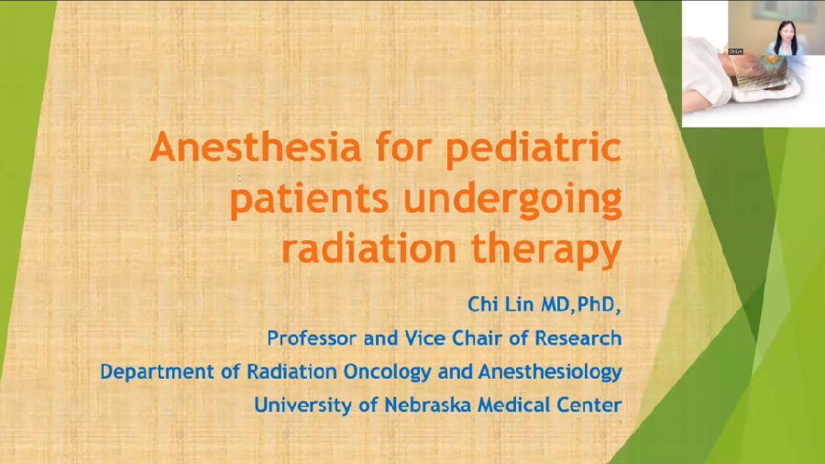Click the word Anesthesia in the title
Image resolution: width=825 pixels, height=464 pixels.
click(x=256, y=148)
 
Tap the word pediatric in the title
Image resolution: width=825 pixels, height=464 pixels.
click(x=533, y=149)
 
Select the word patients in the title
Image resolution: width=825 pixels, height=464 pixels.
click(x=310, y=199)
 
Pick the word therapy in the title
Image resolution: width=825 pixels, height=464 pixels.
click(x=546, y=250)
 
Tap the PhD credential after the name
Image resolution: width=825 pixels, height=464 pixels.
click(x=596, y=304)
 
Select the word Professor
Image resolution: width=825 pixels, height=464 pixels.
click(x=312, y=337)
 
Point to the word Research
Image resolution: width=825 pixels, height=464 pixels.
click(x=578, y=337)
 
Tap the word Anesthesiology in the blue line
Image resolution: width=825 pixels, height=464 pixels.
click(x=550, y=372)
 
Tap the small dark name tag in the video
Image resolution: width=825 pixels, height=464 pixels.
click(x=735, y=51)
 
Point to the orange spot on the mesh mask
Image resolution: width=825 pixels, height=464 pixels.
click(x=772, y=60)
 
